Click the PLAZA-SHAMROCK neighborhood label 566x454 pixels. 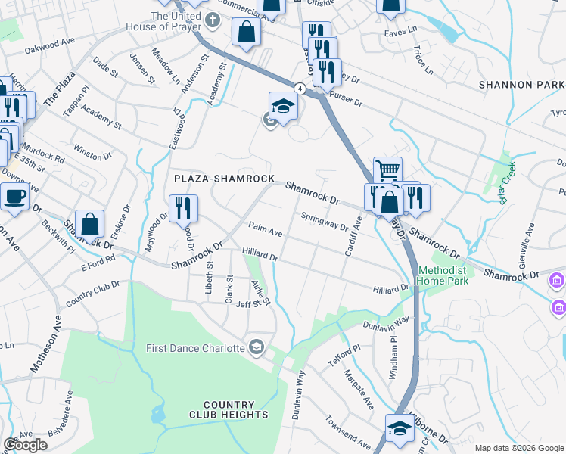click(x=223, y=179)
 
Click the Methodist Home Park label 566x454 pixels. click(x=443, y=275)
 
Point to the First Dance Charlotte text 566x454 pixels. click(x=195, y=348)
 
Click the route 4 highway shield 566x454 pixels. click(x=300, y=89)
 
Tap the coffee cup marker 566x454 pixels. click(x=15, y=197)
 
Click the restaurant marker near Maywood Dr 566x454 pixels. click(x=183, y=208)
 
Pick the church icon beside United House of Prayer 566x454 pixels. click(x=214, y=17)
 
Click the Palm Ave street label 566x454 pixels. click(x=266, y=229)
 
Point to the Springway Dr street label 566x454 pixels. click(x=324, y=221)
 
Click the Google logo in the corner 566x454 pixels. click(x=25, y=444)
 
